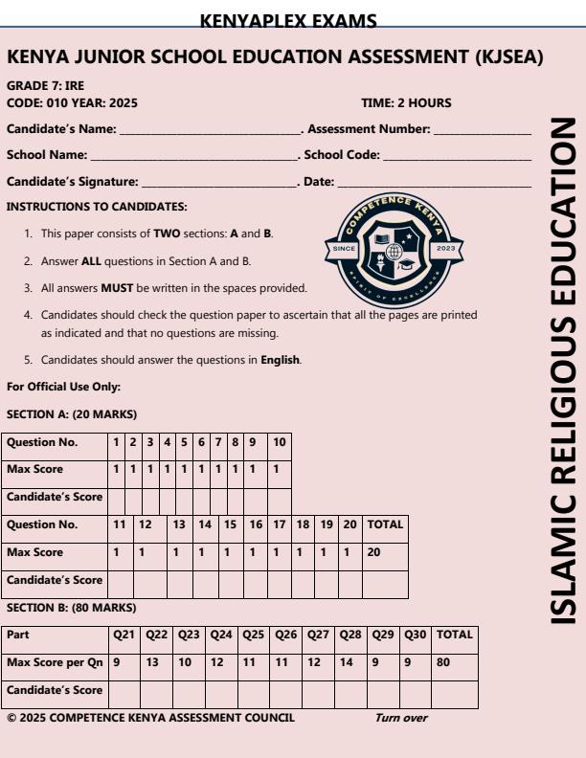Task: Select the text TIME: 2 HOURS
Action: point(406,102)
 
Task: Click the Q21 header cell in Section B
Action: point(124,635)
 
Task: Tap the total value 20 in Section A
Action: point(375,552)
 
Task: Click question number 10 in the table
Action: point(279,443)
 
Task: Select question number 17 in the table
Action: point(279,525)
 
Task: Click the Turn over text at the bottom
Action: point(401,716)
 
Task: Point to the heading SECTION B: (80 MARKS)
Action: point(71,608)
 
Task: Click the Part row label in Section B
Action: point(18,635)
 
